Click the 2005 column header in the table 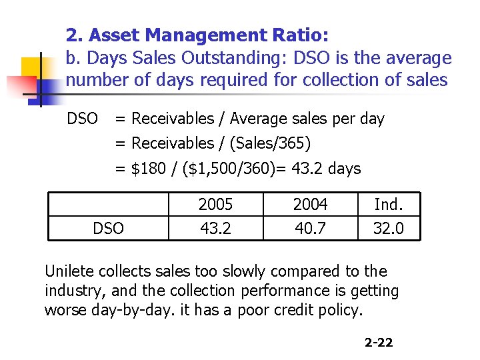click(x=215, y=205)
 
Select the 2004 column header click(x=310, y=205)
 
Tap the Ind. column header click(x=388, y=205)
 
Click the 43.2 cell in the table click(x=215, y=229)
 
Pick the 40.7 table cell click(x=310, y=229)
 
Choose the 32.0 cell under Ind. click(x=388, y=229)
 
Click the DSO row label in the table click(x=108, y=229)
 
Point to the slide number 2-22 click(x=379, y=343)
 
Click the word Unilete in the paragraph click(x=69, y=271)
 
